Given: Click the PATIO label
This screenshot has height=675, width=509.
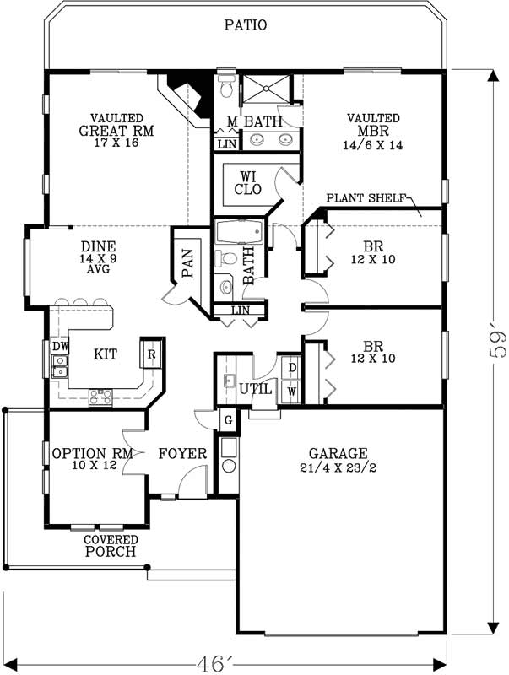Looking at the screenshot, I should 246,25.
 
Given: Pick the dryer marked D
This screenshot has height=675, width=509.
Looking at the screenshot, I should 292,369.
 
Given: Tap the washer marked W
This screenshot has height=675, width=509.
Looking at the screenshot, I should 292,390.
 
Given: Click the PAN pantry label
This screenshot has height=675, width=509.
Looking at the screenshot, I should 187,262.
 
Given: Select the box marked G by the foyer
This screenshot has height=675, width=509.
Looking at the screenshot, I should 227,420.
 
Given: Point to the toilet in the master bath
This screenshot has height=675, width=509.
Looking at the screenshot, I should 225,88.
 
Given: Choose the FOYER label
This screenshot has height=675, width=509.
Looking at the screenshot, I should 182,454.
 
